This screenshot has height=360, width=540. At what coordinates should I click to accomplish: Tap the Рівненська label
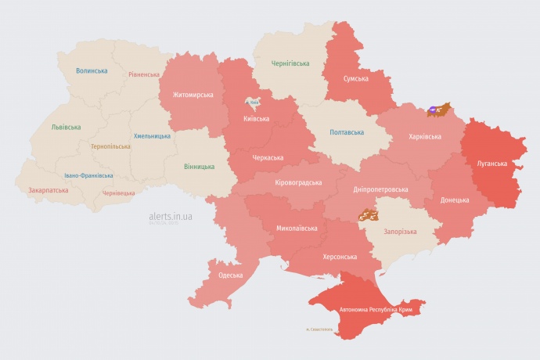point(144,74)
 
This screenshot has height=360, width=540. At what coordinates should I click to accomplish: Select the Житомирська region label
point(187,95)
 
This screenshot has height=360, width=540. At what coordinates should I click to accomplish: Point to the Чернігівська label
point(290,63)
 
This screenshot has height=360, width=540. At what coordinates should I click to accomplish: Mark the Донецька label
point(455,200)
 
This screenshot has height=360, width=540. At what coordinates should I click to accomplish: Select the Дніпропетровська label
point(381,189)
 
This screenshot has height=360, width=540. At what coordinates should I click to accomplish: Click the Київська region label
point(256,119)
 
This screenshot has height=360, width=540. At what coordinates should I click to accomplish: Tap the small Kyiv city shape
point(253,103)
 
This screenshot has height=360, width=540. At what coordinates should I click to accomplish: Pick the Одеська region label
point(231,275)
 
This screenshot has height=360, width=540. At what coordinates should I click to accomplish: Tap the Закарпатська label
point(48,189)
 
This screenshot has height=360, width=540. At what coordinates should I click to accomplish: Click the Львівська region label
point(66,126)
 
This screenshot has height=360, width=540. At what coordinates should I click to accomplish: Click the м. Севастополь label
point(319,329)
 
